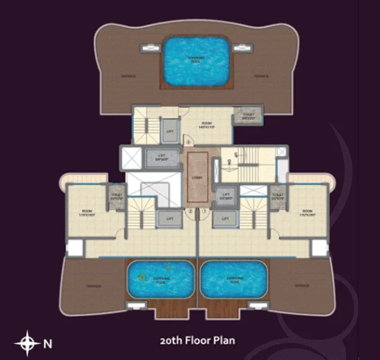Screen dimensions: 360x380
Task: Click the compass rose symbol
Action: [27, 342]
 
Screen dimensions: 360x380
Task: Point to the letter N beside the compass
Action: [49, 343]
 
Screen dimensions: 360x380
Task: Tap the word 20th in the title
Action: [173, 340]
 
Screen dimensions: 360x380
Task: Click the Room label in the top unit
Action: [205, 124]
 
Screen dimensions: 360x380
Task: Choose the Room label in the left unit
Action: [87, 212]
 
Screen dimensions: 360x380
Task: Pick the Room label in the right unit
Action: [307, 212]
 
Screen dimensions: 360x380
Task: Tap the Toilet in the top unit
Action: [248, 116]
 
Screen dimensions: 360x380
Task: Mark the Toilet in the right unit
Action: [276, 196]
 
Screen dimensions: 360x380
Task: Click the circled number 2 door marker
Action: [190, 211]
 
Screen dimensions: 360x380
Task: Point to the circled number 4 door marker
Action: [188, 141]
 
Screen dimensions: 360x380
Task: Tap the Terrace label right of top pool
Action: [262, 76]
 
